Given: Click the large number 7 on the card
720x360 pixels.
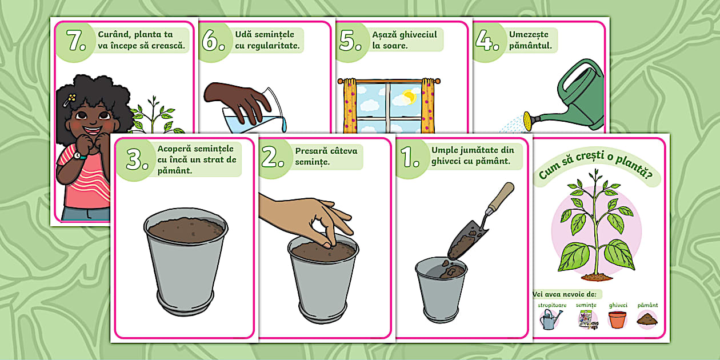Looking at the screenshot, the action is click(74, 41).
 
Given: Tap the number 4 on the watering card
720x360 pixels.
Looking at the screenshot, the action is click(485, 41).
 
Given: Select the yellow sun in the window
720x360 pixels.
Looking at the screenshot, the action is click(409, 97).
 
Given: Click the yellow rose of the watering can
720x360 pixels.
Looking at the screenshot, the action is click(527, 121).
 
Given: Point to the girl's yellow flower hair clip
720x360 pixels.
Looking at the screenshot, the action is click(71, 99).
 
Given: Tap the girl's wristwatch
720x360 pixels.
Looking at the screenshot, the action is click(78, 155).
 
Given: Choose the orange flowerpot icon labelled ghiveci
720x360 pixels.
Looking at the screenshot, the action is click(618, 319).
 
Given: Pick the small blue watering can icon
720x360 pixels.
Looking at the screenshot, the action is click(550, 319).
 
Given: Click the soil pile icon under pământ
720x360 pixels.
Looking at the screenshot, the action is click(647, 319).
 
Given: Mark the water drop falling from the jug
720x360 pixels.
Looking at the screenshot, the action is click(284, 125).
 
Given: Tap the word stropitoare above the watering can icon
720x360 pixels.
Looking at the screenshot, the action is click(552, 305).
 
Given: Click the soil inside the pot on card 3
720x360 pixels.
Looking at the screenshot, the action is click(186, 230).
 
